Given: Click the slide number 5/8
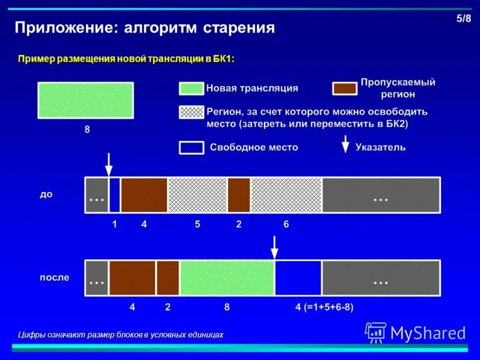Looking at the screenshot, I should point(463,19).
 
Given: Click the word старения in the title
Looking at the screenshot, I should point(239,28).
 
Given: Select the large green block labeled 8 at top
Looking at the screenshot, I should point(85,100).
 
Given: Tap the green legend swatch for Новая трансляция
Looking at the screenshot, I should point(191,89).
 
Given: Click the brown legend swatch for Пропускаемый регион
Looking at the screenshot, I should point(344,89).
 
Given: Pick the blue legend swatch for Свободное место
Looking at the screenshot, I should point(191,148).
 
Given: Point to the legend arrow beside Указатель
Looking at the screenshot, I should point(345,145).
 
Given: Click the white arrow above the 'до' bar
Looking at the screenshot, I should point(109,163).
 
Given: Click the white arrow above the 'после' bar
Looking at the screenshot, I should point(274,246).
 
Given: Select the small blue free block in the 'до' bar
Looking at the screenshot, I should point(115,195).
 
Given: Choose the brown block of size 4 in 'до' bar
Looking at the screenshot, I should point(144,195).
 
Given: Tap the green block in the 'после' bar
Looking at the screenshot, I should point(227,278).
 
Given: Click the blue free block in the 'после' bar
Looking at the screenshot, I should point(298,278).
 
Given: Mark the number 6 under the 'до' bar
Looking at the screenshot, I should point(286,224).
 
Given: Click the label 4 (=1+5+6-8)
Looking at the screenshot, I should point(324,307).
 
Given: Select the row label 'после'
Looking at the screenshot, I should point(54,277).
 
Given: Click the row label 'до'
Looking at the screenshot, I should point(46,194).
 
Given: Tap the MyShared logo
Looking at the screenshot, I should point(415,332).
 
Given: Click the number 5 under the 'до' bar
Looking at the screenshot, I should point(197,224).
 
